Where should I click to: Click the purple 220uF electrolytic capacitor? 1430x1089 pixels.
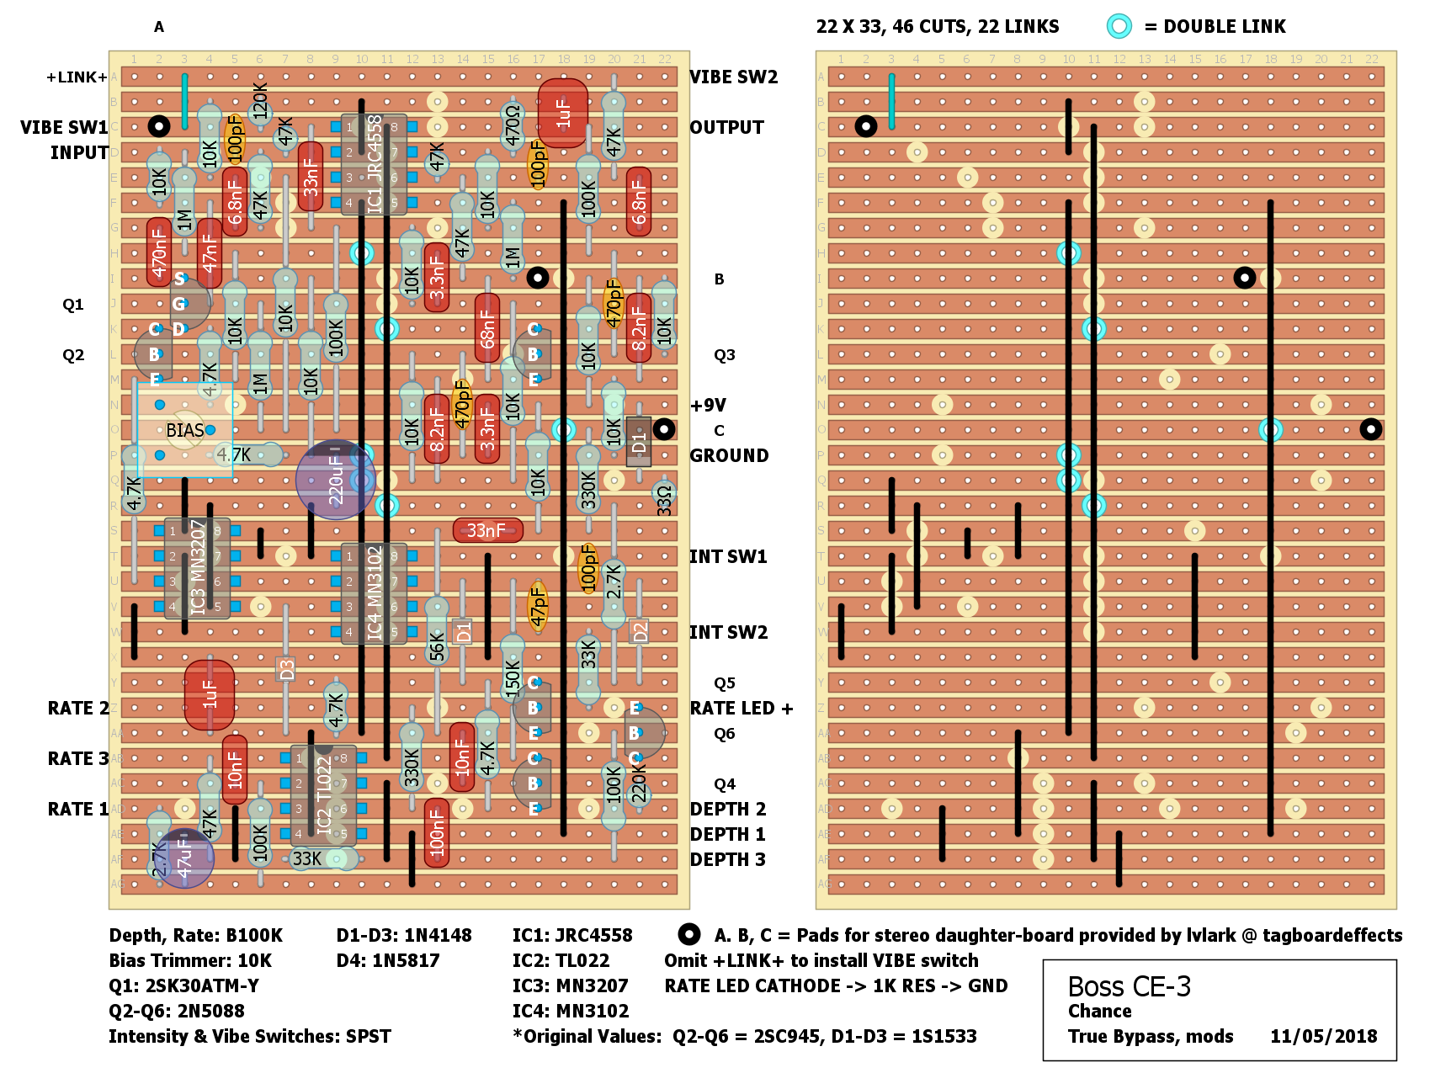pos(335,480)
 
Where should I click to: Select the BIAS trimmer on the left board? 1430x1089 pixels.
pos(184,430)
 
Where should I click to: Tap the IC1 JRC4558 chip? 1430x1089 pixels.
pos(374,165)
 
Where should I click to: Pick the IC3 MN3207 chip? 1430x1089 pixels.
pos(197,568)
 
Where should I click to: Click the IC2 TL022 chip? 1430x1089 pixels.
pos(324,795)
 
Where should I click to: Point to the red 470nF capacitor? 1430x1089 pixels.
pos(158,252)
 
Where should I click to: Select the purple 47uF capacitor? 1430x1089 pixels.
pos(185,858)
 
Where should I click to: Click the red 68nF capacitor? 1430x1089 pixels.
pos(486,328)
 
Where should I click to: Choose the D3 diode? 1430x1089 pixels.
pos(286,670)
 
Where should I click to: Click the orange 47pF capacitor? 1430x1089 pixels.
pos(538,606)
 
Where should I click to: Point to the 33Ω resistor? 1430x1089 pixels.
pos(664,499)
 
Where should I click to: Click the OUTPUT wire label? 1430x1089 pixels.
pos(726,127)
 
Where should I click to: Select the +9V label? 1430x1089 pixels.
pos(708,405)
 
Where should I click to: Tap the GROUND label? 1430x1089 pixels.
pos(729,455)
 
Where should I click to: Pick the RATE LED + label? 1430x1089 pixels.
pos(742,708)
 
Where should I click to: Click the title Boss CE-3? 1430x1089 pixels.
pos(1129,985)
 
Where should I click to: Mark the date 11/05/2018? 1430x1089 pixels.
pos(1323,1036)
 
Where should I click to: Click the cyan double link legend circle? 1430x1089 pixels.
pos(1119,26)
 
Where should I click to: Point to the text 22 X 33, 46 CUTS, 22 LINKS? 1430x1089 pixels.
pos(938,26)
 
